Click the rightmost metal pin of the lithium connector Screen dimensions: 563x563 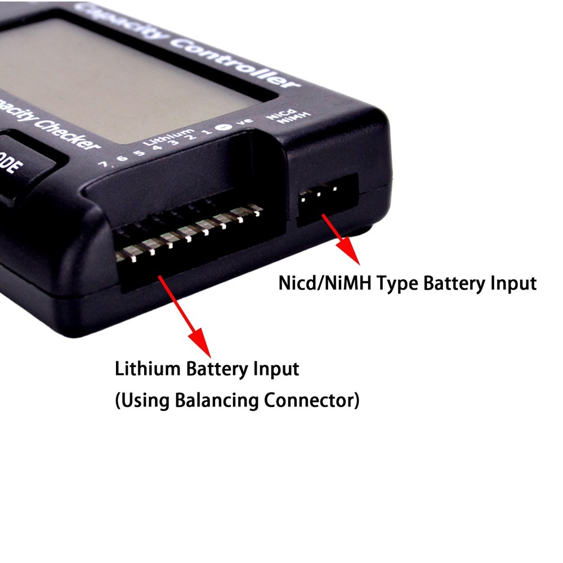point(257,209)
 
